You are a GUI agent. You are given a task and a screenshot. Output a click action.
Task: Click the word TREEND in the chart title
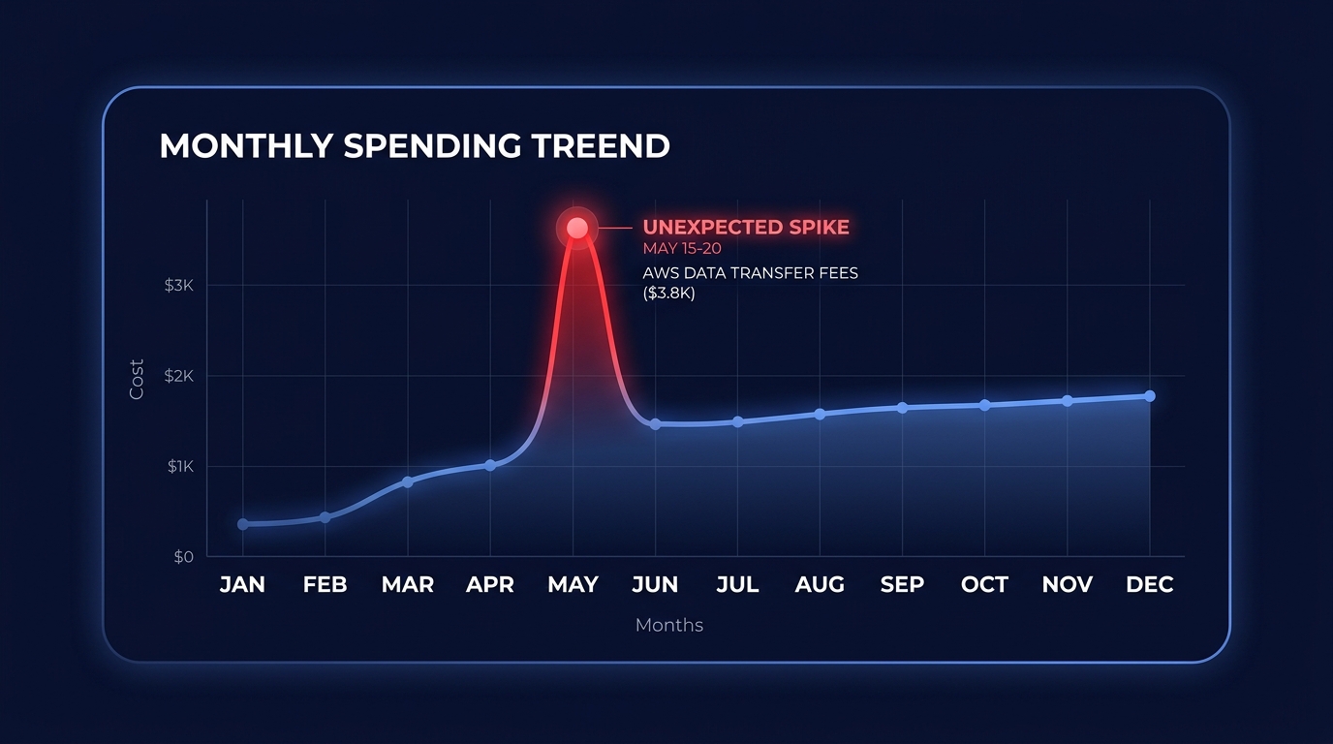point(601,145)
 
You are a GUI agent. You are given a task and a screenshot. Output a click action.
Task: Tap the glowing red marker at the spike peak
point(577,228)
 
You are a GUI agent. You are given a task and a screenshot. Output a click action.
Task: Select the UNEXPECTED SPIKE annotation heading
point(746,228)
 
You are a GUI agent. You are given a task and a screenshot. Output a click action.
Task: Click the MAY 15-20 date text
point(682,249)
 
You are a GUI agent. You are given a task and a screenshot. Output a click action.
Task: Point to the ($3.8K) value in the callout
point(669,293)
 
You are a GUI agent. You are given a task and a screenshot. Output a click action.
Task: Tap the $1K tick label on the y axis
point(180,466)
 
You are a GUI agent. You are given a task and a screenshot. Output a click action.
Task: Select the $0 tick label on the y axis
point(183,557)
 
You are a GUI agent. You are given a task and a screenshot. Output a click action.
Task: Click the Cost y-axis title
point(138,380)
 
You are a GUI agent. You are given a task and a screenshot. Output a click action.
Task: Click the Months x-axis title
point(669,625)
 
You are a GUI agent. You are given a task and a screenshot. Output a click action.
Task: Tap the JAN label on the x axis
point(242,585)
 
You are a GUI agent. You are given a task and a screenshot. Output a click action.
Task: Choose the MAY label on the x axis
point(573,585)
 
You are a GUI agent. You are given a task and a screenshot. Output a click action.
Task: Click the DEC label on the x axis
point(1150,585)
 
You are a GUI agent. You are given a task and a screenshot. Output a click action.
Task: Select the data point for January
point(243,524)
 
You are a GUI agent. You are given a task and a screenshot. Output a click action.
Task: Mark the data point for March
point(408,481)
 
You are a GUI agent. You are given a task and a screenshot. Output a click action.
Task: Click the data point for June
point(656,424)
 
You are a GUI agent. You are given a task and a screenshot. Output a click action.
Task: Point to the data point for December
point(1150,396)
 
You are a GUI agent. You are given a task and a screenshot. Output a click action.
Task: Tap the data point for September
point(902,408)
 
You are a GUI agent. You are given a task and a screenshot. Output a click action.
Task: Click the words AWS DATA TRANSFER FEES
point(751,273)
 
